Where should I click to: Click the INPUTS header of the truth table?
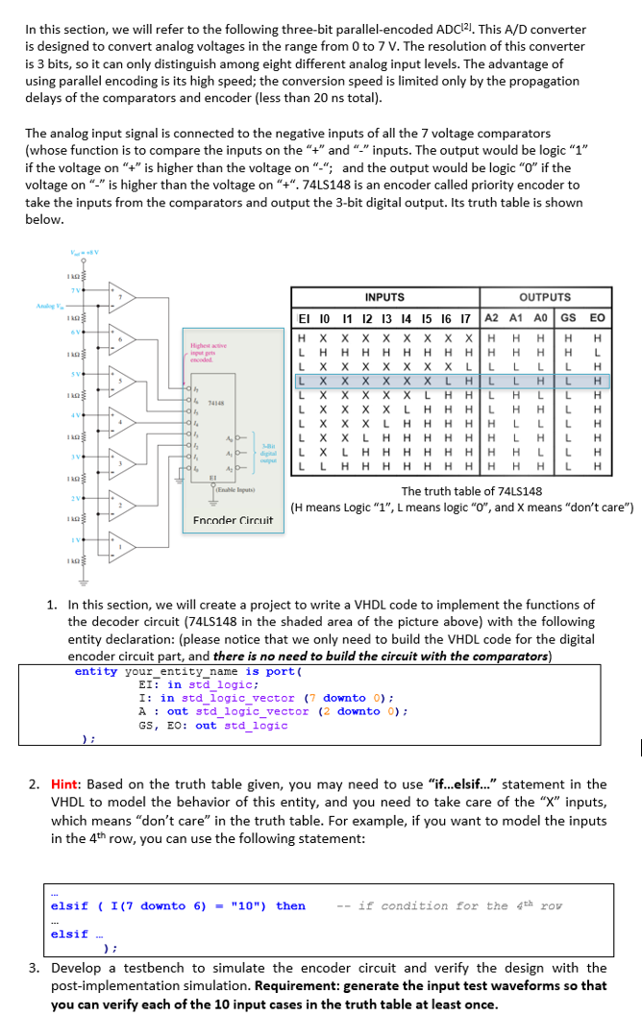384,297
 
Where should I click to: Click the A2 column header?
490,317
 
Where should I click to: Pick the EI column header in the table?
303,317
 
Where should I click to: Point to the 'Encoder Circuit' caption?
233,520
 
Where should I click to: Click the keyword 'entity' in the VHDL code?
95,671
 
